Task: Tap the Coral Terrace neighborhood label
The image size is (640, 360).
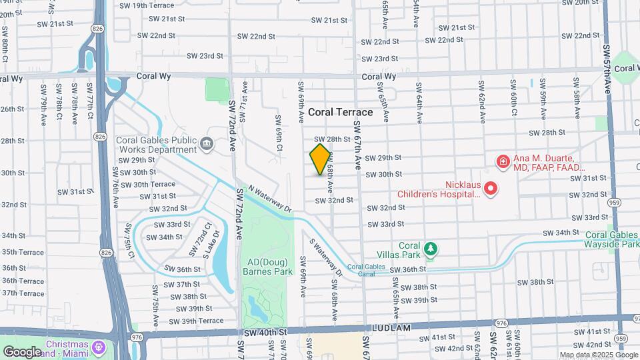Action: [340, 112]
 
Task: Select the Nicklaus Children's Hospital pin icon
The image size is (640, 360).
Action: [491, 189]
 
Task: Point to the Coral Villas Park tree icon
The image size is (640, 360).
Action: [431, 249]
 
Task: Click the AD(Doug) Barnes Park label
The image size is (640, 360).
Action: [267, 267]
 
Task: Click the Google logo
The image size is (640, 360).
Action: [22, 351]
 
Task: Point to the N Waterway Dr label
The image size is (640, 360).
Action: [270, 199]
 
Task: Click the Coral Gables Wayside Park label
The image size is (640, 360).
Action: [612, 239]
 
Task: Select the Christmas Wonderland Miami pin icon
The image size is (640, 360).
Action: [99, 347]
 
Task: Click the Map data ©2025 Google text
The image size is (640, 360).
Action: [597, 355]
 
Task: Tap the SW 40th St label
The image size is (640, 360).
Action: [265, 332]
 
